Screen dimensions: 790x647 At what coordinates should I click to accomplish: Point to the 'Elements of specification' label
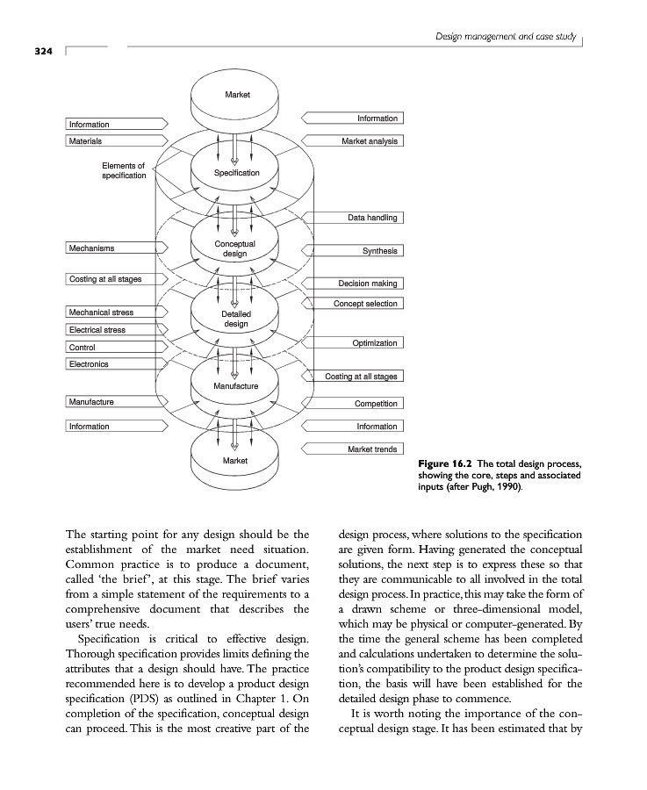124,169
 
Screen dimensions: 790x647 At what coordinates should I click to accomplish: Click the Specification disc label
237,173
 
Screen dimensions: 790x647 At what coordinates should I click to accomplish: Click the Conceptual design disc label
234,248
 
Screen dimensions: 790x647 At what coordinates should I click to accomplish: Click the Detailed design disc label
235,319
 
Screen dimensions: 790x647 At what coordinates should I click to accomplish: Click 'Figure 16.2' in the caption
445,463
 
